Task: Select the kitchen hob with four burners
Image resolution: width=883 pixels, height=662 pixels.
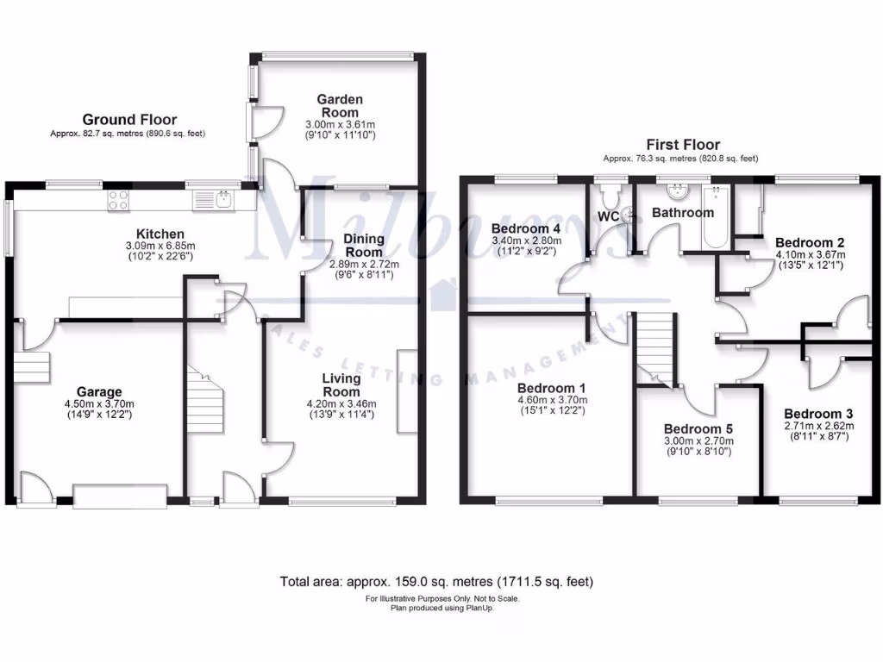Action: (x=117, y=201)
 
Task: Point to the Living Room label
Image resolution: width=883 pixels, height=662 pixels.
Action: (x=341, y=384)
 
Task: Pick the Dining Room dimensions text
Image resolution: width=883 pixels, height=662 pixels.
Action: (x=357, y=269)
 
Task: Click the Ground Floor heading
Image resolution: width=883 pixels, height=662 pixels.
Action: (x=129, y=120)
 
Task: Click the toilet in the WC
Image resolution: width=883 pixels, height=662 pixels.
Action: (x=614, y=192)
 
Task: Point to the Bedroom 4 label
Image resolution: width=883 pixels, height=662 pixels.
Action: (x=526, y=228)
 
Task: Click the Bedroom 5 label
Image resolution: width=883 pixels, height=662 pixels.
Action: (x=698, y=428)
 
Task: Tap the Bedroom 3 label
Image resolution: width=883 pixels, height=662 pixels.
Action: (x=818, y=413)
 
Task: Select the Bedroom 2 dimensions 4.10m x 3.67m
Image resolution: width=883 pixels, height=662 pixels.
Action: (x=810, y=255)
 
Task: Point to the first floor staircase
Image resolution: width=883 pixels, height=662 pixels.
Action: (x=655, y=345)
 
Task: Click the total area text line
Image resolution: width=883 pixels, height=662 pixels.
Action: (x=436, y=582)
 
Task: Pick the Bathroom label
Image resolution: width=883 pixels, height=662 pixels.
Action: (x=682, y=212)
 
